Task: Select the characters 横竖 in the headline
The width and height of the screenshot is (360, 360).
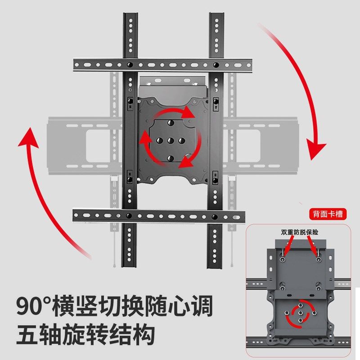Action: coord(81,306)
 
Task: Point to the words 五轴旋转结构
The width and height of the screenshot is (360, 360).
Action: coord(85,335)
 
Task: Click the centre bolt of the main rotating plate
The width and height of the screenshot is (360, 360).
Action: coord(171,140)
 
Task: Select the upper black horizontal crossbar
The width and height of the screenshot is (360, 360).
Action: coord(162,64)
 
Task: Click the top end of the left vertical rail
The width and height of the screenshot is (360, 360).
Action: coord(130,18)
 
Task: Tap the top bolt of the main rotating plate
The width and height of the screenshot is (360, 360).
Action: coord(171,123)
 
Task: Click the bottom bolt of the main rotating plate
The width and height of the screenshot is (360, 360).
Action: coord(171,157)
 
